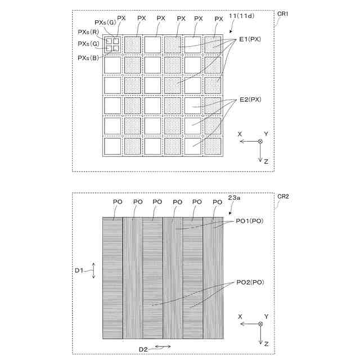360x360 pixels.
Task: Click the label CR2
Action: tap(282, 196)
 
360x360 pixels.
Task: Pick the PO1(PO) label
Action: tap(249, 220)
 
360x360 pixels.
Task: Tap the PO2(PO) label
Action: tap(249, 281)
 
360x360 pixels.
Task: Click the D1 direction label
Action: tap(80, 271)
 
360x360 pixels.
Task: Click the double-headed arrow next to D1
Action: tap(93, 270)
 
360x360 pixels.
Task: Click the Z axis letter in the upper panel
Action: tap(265, 161)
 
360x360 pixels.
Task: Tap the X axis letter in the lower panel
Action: tap(240, 317)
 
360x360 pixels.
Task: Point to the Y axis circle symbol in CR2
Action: tap(260, 325)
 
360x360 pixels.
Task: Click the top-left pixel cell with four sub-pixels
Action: tap(113, 44)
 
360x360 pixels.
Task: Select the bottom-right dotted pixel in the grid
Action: tap(212, 146)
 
